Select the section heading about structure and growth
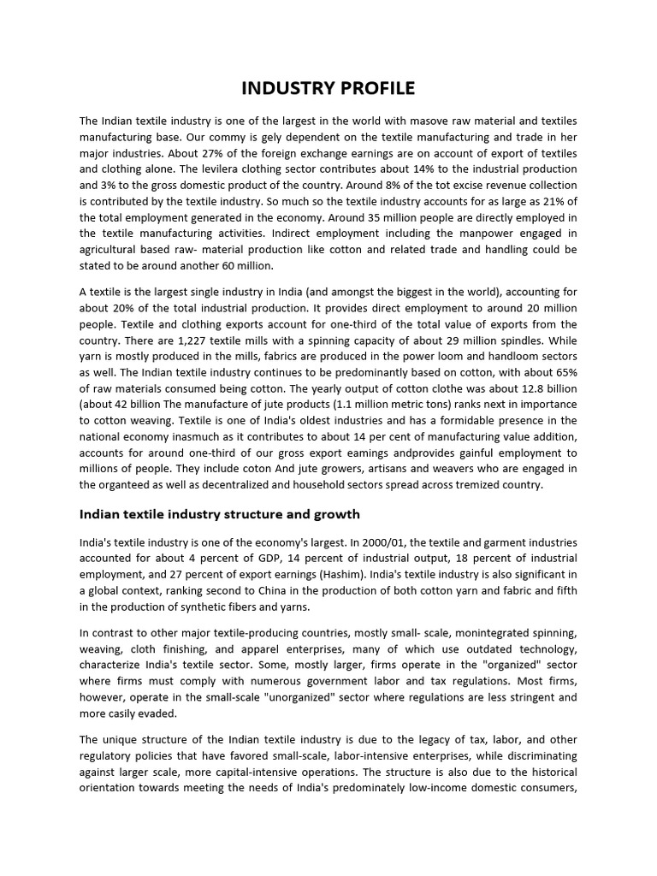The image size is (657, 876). point(220,514)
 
